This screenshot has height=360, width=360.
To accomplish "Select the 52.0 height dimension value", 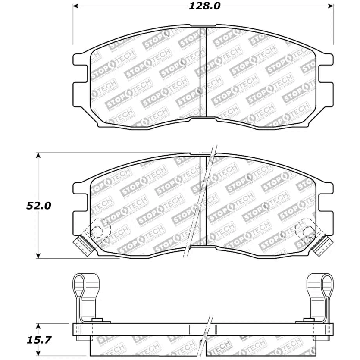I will point(39,206).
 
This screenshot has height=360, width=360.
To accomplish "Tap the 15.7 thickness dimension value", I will point(39,340).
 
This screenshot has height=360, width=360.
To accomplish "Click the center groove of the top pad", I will point(203,72).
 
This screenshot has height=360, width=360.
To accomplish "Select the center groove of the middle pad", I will point(203,200).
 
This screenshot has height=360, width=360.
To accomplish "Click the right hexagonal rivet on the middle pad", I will point(308,232).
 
